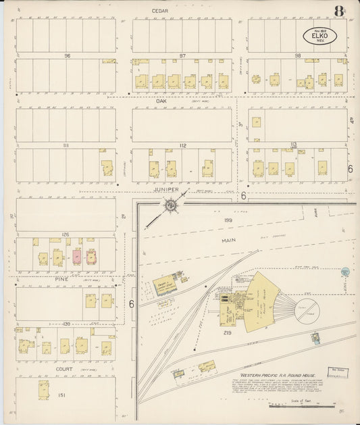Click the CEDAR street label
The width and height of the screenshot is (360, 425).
159,11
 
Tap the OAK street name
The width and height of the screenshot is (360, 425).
161,102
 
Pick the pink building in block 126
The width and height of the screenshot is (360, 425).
76,257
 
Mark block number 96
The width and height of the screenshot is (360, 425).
68,55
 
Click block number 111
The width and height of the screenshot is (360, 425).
66,145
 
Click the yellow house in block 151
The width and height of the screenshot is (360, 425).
45,390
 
